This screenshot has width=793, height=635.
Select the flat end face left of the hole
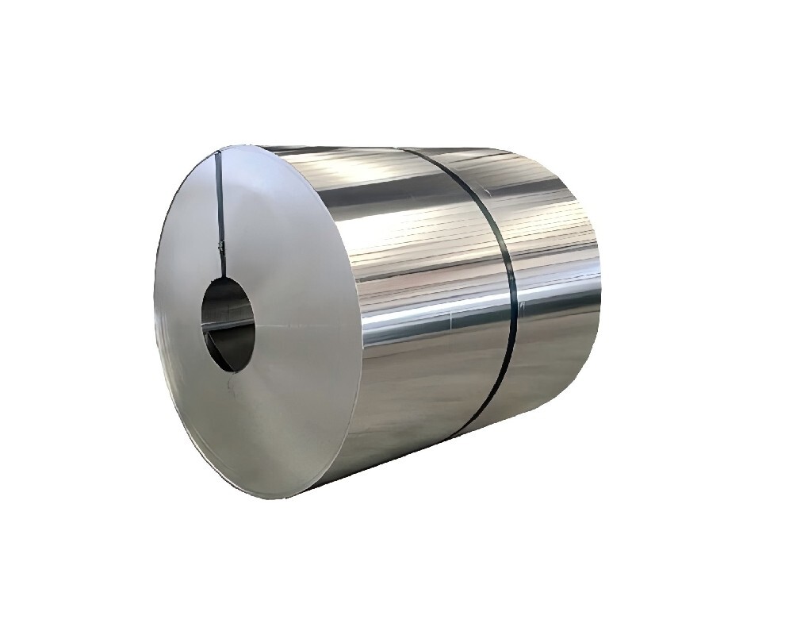click(178, 317)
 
